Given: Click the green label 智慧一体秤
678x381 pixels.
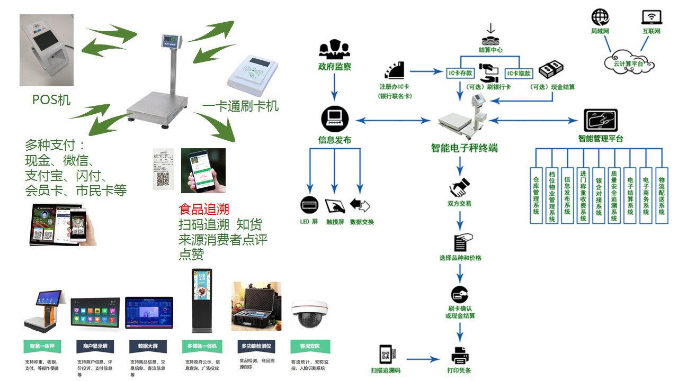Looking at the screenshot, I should click(42, 347).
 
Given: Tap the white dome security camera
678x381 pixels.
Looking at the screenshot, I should click(310, 312).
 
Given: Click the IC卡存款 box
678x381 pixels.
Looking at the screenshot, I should click(460, 72).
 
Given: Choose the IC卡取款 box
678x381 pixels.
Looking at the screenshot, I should click(518, 72).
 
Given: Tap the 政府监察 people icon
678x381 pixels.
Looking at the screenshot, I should click(334, 50).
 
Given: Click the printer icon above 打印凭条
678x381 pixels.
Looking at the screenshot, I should click(460, 355).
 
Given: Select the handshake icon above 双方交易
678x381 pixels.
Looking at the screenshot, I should click(459, 186).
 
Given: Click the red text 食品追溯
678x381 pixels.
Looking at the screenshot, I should click(204, 209).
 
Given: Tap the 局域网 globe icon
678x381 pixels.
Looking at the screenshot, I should click(600, 17).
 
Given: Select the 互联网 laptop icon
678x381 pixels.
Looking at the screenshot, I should click(651, 17).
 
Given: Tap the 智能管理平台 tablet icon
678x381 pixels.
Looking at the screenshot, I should click(600, 121).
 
